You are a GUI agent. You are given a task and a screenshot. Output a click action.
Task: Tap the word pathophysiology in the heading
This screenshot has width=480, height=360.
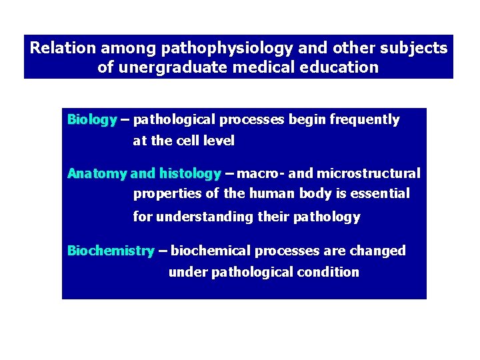[x=211, y=49]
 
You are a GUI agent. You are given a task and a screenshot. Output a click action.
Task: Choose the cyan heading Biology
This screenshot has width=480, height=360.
[x=92, y=120]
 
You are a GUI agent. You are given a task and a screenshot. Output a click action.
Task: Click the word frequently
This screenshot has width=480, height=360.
[x=364, y=120]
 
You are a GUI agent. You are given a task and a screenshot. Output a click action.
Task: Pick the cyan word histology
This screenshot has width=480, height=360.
[x=189, y=174]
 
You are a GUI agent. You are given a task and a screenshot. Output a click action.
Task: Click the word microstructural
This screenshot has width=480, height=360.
[x=368, y=174]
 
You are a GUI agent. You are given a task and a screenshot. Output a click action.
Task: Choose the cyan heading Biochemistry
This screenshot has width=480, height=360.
[x=111, y=251]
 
